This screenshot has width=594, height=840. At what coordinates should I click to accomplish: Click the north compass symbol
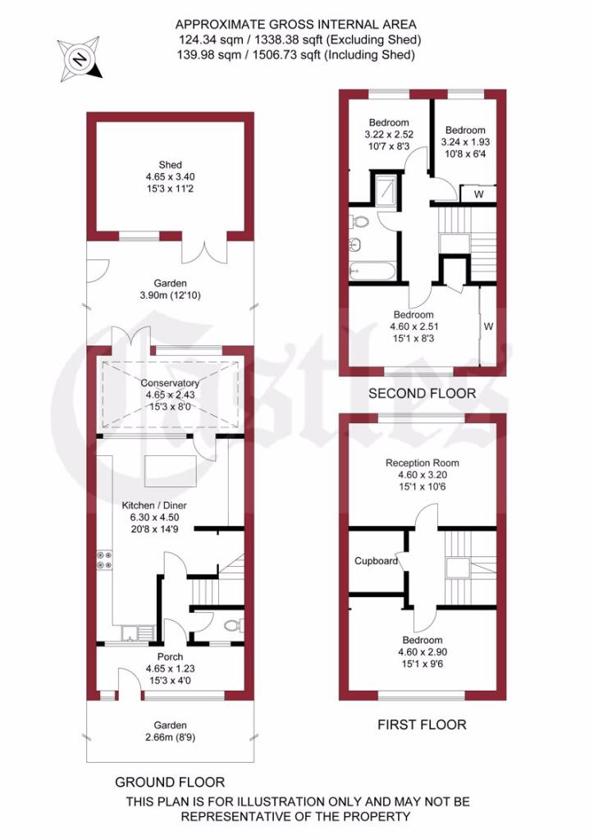(x=80, y=58)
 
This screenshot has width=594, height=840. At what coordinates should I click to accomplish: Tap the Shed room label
(x=171, y=165)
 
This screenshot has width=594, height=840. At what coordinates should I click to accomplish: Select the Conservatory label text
(x=170, y=383)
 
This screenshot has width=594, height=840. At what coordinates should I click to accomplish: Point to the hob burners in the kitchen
(x=103, y=559)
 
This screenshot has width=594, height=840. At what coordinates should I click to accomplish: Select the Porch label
(x=170, y=656)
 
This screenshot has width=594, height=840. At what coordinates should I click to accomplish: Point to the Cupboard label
(x=376, y=561)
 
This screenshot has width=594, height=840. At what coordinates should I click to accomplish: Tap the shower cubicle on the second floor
(x=384, y=191)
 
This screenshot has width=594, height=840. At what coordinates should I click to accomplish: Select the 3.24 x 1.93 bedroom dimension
(x=465, y=142)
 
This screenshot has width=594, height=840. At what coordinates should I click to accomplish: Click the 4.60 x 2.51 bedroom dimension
(x=413, y=327)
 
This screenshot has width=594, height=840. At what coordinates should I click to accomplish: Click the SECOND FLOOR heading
(x=422, y=394)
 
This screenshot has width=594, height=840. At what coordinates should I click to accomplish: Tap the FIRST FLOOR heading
(x=422, y=724)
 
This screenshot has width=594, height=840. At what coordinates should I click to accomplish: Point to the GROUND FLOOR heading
(x=169, y=782)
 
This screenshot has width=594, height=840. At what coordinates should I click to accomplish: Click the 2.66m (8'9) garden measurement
(x=170, y=737)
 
